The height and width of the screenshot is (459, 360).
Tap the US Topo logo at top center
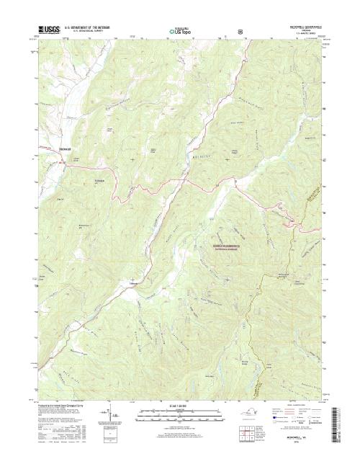coord(179,32)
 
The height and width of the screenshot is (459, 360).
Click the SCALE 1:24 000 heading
coord(179,406)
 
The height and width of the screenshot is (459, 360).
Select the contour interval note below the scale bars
coord(179,430)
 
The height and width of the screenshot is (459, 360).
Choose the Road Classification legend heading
coord(297,406)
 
